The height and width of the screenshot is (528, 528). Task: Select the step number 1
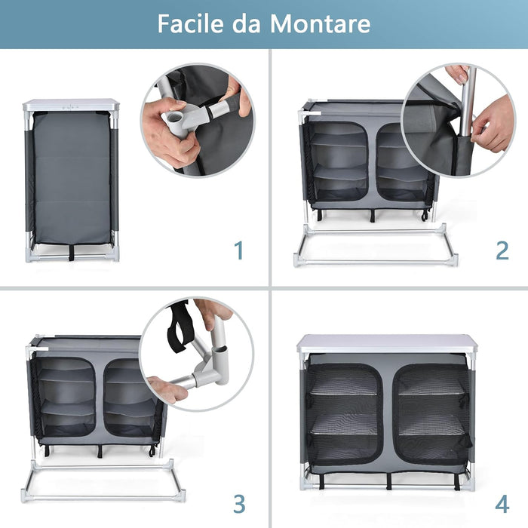[x=239, y=250]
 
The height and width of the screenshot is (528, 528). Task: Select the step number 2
[x=502, y=250]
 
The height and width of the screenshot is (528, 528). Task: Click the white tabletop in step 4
[x=387, y=343]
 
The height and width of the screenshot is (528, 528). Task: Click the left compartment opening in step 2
[x=339, y=162]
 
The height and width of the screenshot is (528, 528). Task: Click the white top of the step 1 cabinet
[x=72, y=105]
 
